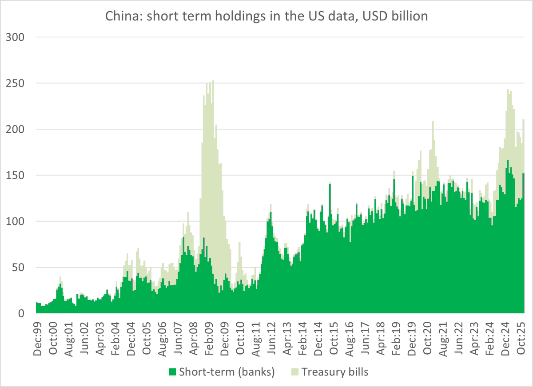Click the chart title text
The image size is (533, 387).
(x=266, y=16)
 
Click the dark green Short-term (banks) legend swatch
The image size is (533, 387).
(x=172, y=372)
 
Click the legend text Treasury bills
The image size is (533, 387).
(x=334, y=372)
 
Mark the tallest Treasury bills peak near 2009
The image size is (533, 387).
(x=213, y=82)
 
